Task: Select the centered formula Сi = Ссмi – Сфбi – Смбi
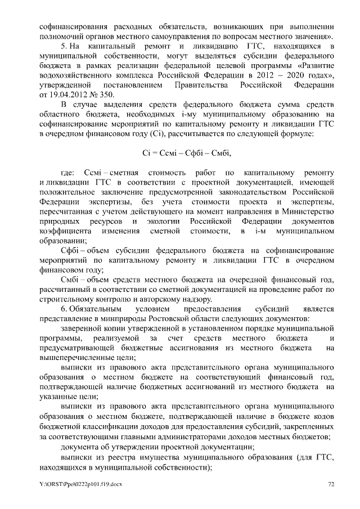(x=186, y=152)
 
